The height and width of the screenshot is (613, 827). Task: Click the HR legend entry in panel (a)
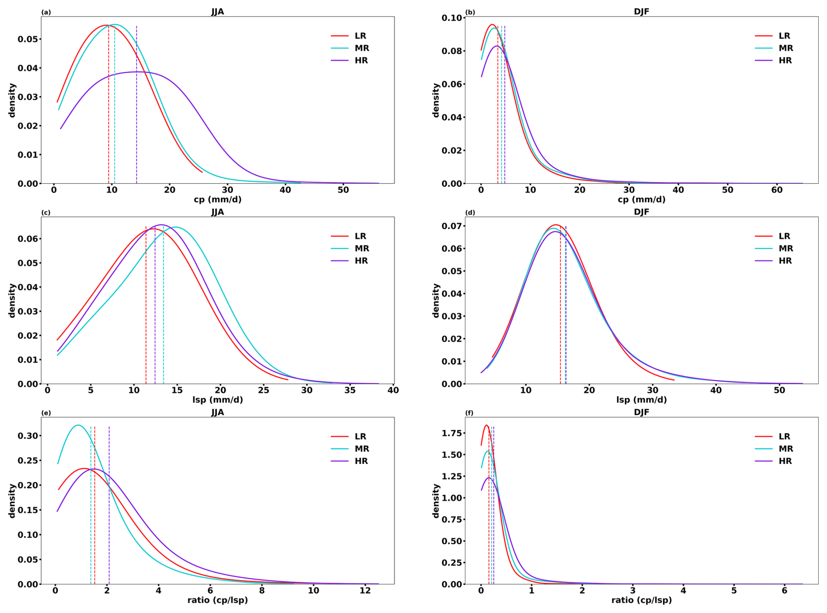pos(349,60)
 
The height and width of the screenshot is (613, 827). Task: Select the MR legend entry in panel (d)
pos(774,248)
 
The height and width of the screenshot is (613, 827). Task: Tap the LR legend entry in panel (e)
pos(348,436)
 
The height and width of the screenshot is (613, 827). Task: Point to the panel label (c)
pos(46,212)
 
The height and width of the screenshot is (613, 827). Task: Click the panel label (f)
pos(470,413)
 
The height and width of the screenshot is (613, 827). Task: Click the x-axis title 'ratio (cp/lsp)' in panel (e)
pos(218,600)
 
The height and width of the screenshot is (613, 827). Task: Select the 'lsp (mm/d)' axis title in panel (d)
pos(642,400)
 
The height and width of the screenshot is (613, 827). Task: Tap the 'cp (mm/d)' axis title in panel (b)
pos(642,199)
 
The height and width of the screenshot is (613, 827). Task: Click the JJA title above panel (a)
pos(218,12)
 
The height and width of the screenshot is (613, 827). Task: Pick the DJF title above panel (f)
pos(642,412)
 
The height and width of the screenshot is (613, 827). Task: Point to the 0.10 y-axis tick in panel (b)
pos(452,18)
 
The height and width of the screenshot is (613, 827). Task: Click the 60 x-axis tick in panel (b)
pos(777,190)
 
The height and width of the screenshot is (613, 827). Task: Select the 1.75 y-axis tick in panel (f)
pos(452,433)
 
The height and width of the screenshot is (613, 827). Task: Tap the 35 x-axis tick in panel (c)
pos(350,390)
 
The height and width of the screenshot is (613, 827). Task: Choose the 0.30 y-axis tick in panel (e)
pos(28,436)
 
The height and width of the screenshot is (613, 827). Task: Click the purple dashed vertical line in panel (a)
pos(136,104)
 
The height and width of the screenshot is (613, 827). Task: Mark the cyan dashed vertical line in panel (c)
pos(163,305)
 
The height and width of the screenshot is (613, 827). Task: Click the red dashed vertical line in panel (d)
pos(560,305)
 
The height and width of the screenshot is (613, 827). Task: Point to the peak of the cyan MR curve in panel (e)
pos(78,425)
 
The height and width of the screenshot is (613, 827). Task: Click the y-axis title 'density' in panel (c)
pos(12,300)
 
